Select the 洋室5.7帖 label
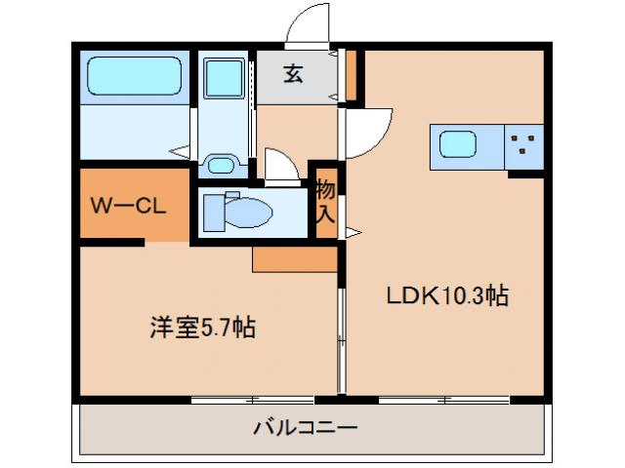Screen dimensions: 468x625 pos(203,329)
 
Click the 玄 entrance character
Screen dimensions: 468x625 pos(293,75)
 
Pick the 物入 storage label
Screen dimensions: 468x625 pos(325,203)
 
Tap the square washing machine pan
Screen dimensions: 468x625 pos(226,75)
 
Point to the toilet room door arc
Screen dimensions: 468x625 pos(281,164)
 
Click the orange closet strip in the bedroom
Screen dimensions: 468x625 pos(294,258)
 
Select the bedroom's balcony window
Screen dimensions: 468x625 pos(253,399)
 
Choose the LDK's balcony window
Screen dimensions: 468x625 pos(444,399)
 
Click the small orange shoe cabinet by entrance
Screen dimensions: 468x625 pos(351,75)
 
